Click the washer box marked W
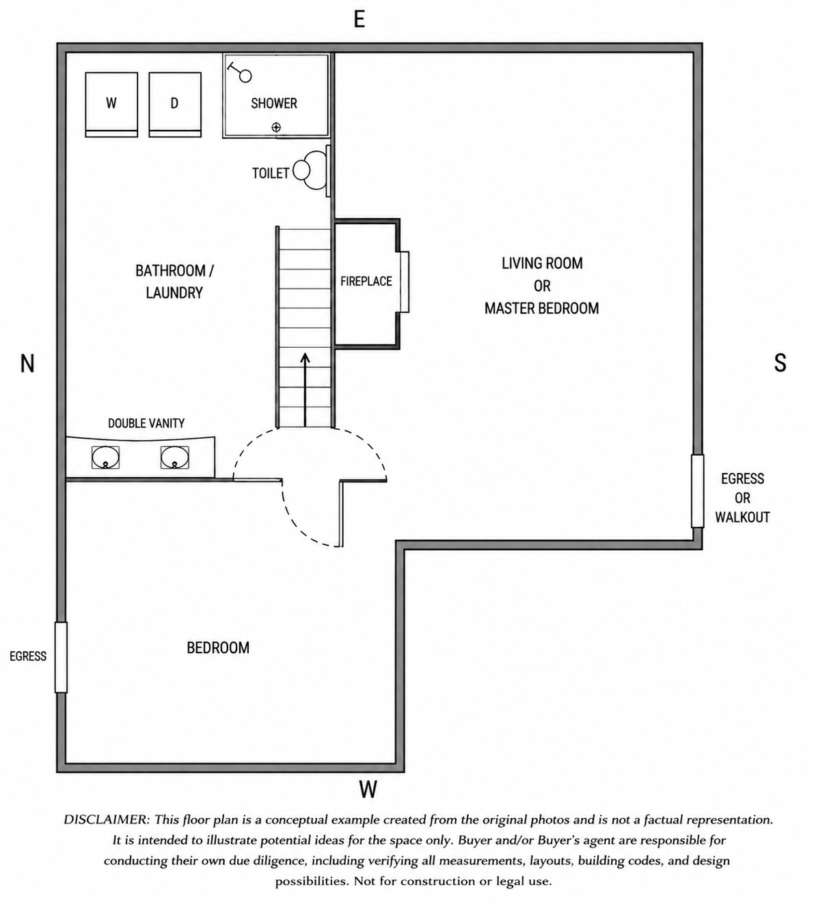pos(111,105)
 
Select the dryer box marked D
pos(175,105)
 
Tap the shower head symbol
pos(240,72)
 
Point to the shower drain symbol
pos(276,127)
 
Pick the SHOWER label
pos(274,103)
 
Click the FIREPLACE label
pos(366,282)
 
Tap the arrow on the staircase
pos(306,390)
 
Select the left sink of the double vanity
pos(106,458)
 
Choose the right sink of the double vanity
pos(174,458)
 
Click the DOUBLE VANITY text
pos(146,423)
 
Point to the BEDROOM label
pos(218,648)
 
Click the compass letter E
pos(359,20)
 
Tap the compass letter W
pos(368,789)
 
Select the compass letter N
pos(27,364)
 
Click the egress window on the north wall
pos(61,657)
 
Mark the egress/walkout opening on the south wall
pos(698,491)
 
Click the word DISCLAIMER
pos(106,820)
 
